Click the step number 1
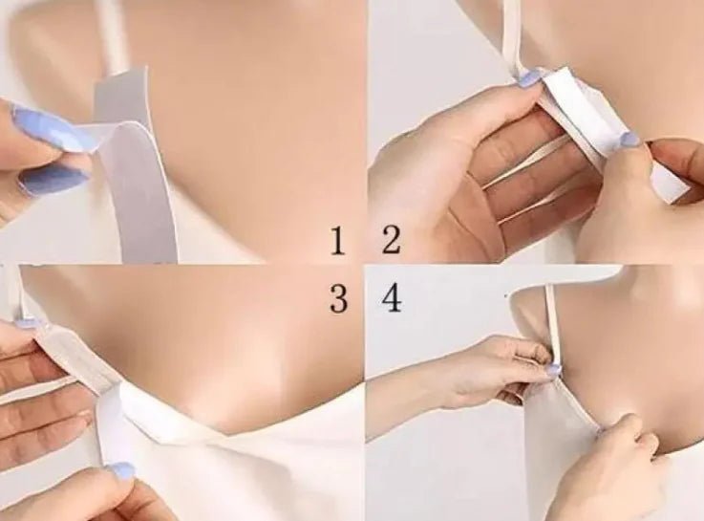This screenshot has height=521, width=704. pyautogui.click(x=337, y=241)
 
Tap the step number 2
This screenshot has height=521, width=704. pyautogui.click(x=392, y=241)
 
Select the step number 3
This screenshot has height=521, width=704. pyautogui.click(x=338, y=299)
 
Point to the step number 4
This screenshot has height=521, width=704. pyautogui.click(x=392, y=299)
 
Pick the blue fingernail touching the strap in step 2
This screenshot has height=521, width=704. pyautogui.click(x=530, y=78)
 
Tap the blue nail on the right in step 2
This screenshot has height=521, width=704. pyautogui.click(x=629, y=140)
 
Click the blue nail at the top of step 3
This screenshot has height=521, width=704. pyautogui.click(x=27, y=323)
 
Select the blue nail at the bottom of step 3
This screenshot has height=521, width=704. pyautogui.click(x=120, y=470)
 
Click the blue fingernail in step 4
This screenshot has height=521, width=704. pyautogui.click(x=553, y=369)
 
